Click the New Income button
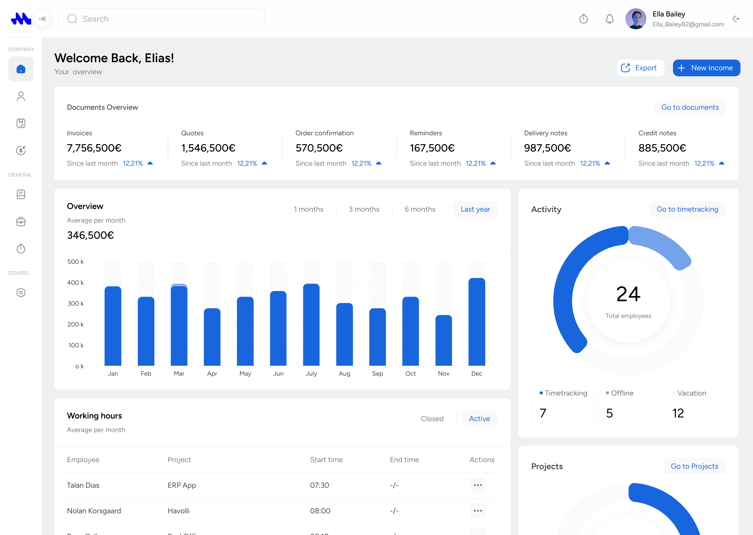706,68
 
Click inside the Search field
162,19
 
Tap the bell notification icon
609,19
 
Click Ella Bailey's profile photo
635,19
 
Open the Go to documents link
690,107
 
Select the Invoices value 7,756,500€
94,148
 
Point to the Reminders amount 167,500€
432,148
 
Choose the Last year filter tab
475,209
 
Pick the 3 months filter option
364,209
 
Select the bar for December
477,322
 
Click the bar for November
443,340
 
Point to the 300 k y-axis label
76,303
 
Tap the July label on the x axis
311,374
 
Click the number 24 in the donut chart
628,294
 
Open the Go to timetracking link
687,209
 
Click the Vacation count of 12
678,413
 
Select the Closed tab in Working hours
432,419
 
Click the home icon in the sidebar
21,69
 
